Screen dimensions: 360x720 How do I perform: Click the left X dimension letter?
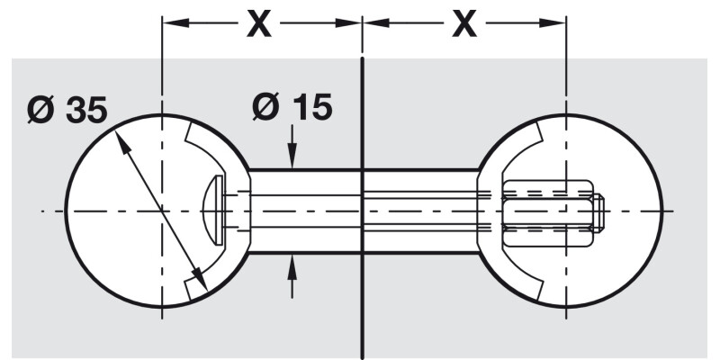point(259,25)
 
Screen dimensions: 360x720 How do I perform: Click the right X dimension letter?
point(464,25)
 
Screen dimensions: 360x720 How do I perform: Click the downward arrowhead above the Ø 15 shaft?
point(292,159)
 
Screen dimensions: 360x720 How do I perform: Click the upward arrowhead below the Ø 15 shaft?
point(292,264)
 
